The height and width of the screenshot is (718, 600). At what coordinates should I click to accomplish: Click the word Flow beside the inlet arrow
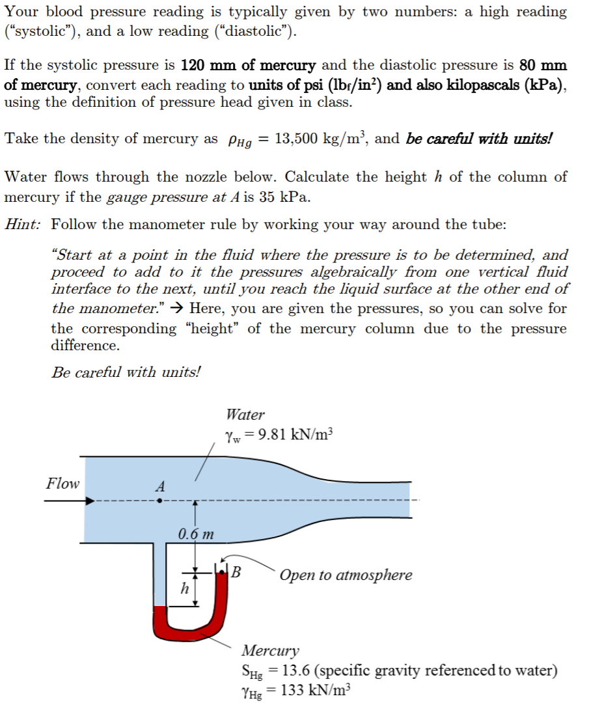pyautogui.click(x=62, y=484)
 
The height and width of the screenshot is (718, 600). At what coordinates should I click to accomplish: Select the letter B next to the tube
pyautogui.click(x=236, y=573)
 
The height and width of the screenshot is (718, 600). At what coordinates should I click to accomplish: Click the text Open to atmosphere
pyautogui.click(x=346, y=575)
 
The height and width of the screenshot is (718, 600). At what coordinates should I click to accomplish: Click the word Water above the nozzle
pyautogui.click(x=245, y=415)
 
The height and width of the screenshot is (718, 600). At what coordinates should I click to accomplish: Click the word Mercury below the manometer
pyautogui.click(x=271, y=650)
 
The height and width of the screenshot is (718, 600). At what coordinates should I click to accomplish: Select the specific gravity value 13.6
pyautogui.click(x=293, y=670)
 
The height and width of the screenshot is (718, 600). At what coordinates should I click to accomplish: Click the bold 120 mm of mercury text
pyautogui.click(x=248, y=66)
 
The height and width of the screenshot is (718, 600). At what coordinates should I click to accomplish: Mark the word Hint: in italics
pyautogui.click(x=23, y=225)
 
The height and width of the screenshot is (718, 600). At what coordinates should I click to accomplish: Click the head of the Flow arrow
pyautogui.click(x=91, y=501)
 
